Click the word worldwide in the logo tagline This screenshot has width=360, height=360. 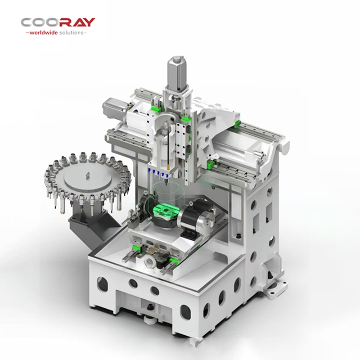coord(44,32)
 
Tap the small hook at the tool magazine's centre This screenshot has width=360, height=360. coord(87,175)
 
